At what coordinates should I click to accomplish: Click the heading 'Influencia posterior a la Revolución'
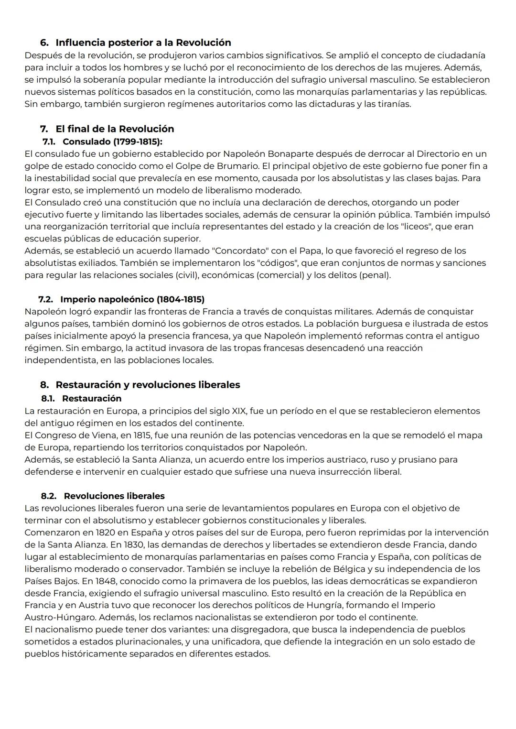pyautogui.click(x=143, y=43)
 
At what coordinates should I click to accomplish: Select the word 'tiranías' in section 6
pyautogui.click(x=394, y=104)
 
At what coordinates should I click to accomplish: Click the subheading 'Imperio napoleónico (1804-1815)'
pyautogui.click(x=132, y=299)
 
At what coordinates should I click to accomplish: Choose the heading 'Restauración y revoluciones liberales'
pyautogui.click(x=148, y=385)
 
